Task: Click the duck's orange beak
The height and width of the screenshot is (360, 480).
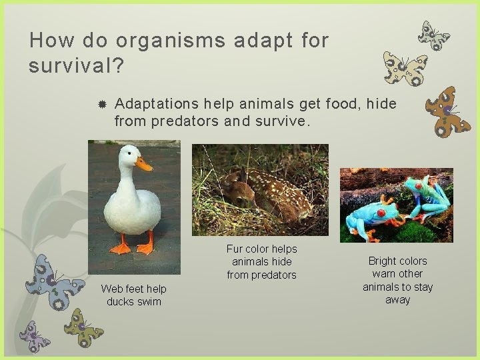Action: coord(143,163)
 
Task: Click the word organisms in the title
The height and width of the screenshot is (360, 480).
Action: coord(171,41)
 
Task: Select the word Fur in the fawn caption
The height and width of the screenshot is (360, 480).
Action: coord(235,249)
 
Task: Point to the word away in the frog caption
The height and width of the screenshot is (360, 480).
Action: coord(397,300)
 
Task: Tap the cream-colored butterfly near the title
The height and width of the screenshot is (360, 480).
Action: coord(405,69)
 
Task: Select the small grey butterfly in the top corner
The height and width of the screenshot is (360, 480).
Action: coord(433,35)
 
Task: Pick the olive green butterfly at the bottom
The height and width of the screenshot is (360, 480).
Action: coord(83,326)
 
